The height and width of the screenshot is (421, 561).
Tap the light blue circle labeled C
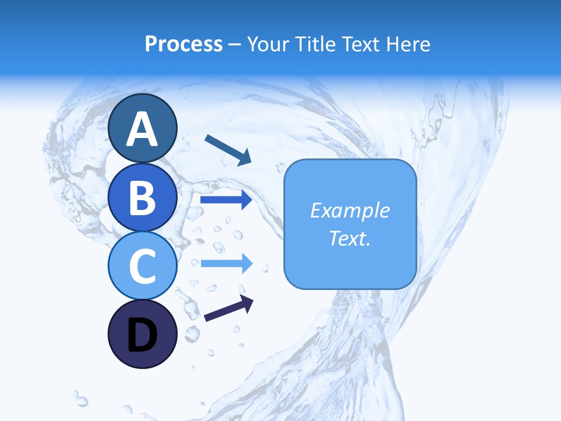click(x=142, y=265)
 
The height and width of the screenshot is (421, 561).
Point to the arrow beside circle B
click(x=226, y=200)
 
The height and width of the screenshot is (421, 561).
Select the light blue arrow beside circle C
click(x=226, y=263)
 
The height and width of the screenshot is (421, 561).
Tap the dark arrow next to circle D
click(x=228, y=308)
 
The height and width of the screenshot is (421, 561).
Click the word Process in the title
click(x=183, y=44)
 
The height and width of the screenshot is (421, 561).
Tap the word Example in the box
click(x=349, y=210)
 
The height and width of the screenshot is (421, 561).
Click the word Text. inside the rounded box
click(x=349, y=238)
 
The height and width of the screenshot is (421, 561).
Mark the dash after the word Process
click(x=234, y=44)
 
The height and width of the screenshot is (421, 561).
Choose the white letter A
click(x=142, y=129)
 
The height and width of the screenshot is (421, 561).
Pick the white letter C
click(x=142, y=266)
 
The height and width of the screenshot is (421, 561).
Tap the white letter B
click(x=142, y=197)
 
